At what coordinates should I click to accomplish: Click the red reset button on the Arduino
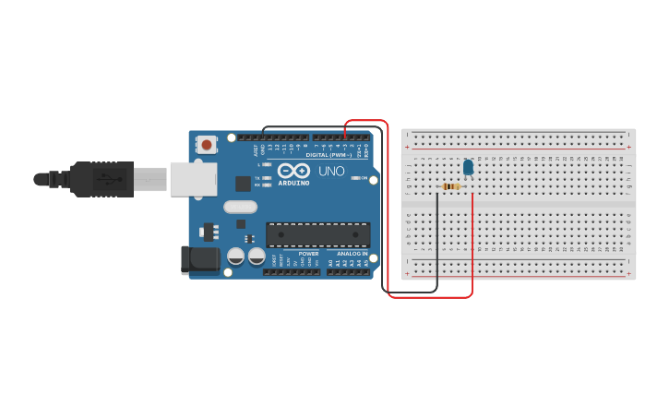[x=207, y=144]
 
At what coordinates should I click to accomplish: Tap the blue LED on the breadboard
[x=468, y=166]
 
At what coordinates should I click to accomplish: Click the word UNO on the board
[x=331, y=171]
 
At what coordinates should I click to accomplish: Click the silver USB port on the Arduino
[x=193, y=179]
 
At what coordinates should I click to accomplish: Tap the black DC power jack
[x=200, y=259]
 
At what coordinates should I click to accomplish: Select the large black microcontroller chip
[x=317, y=234]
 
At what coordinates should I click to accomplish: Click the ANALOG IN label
[x=351, y=254]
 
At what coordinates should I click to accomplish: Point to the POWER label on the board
[x=308, y=254]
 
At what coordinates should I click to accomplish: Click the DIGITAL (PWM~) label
[x=338, y=154]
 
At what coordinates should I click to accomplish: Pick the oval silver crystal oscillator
[x=240, y=208]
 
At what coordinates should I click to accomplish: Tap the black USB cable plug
[x=102, y=179]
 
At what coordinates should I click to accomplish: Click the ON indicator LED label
[x=364, y=178]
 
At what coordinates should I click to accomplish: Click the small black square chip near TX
[x=243, y=183]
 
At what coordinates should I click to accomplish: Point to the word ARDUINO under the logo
[x=294, y=183]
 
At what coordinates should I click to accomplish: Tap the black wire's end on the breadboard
[x=436, y=194]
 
